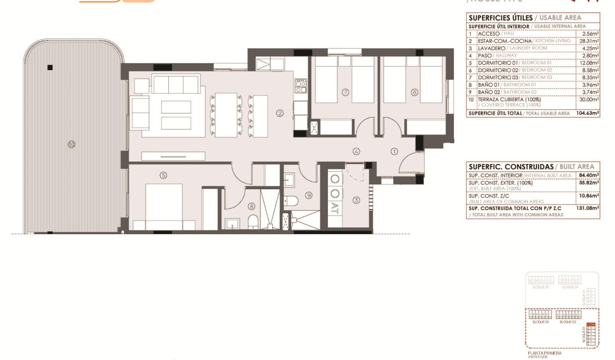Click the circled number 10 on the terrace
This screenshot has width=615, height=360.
click(x=72, y=144)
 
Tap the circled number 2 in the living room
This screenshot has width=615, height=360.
click(x=280, y=113)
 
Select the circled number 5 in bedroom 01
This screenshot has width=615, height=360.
click(x=164, y=175)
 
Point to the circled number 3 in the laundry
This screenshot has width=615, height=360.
click(x=356, y=200)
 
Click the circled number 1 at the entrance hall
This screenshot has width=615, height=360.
click(x=394, y=152)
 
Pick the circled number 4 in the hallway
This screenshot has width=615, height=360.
click(x=356, y=152)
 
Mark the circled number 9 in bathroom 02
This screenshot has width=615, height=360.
click(x=309, y=195)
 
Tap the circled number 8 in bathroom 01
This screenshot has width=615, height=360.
click(x=252, y=206)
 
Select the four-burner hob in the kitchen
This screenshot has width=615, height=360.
click(x=300, y=86)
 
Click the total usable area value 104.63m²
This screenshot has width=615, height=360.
click(x=587, y=113)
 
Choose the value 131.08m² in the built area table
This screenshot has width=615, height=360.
click(x=587, y=208)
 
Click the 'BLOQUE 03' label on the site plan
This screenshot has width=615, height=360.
click(x=540, y=322)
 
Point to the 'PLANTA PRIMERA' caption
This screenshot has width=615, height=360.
click(x=544, y=353)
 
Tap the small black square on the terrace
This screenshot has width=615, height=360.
click(x=50, y=67)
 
